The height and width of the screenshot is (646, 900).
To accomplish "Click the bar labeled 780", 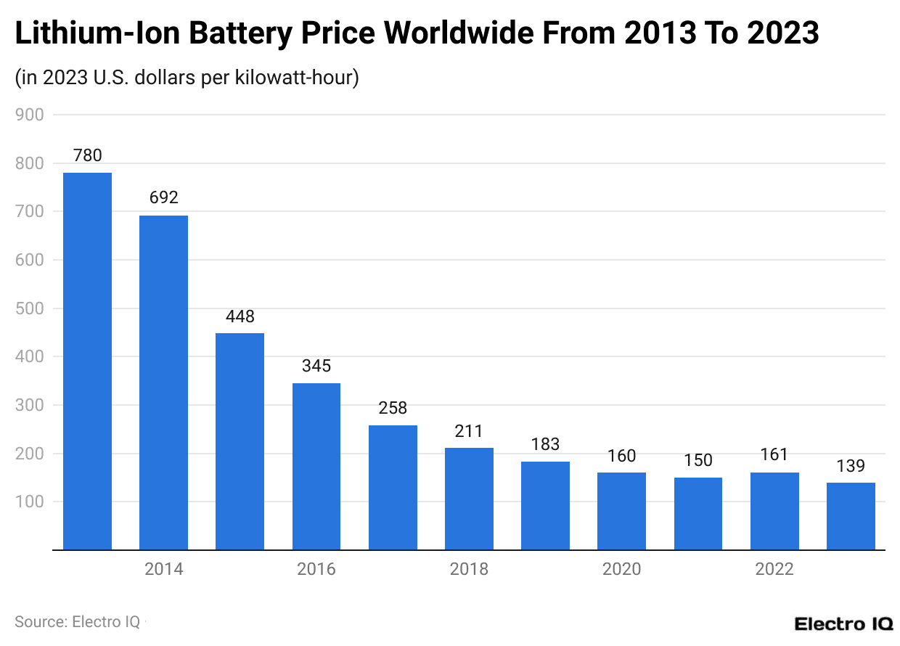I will (x=87, y=361).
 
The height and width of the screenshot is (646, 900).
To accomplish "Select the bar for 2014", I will (x=163, y=383).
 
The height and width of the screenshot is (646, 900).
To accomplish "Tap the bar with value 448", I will (x=240, y=441).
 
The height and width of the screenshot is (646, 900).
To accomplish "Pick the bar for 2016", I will (x=316, y=466).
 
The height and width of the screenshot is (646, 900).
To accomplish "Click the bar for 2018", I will (x=469, y=499).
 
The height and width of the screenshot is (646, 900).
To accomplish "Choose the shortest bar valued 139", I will (x=851, y=516).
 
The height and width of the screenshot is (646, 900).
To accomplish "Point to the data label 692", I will (x=163, y=197).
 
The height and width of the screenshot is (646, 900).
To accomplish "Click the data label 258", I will (x=393, y=408).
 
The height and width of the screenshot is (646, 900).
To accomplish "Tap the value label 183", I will (x=545, y=444).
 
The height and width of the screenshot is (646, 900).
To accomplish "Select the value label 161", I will (x=774, y=455).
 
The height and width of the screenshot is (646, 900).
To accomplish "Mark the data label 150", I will (x=698, y=460).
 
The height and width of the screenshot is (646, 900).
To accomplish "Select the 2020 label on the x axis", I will (x=621, y=569).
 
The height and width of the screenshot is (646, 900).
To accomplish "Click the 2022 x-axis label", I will (x=774, y=569).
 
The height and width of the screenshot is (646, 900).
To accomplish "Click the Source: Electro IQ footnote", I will (x=78, y=622).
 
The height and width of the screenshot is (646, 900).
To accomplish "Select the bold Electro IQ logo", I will (x=843, y=623).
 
